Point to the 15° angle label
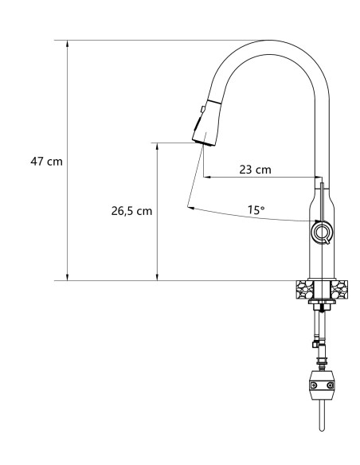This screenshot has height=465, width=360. [256, 210]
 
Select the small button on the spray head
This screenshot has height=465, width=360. [204, 106]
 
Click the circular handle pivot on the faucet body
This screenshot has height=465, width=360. [321, 232]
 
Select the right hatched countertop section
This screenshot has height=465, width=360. [340, 289]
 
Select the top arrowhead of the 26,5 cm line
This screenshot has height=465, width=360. [158, 147]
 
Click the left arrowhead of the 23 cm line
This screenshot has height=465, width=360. [207, 177]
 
